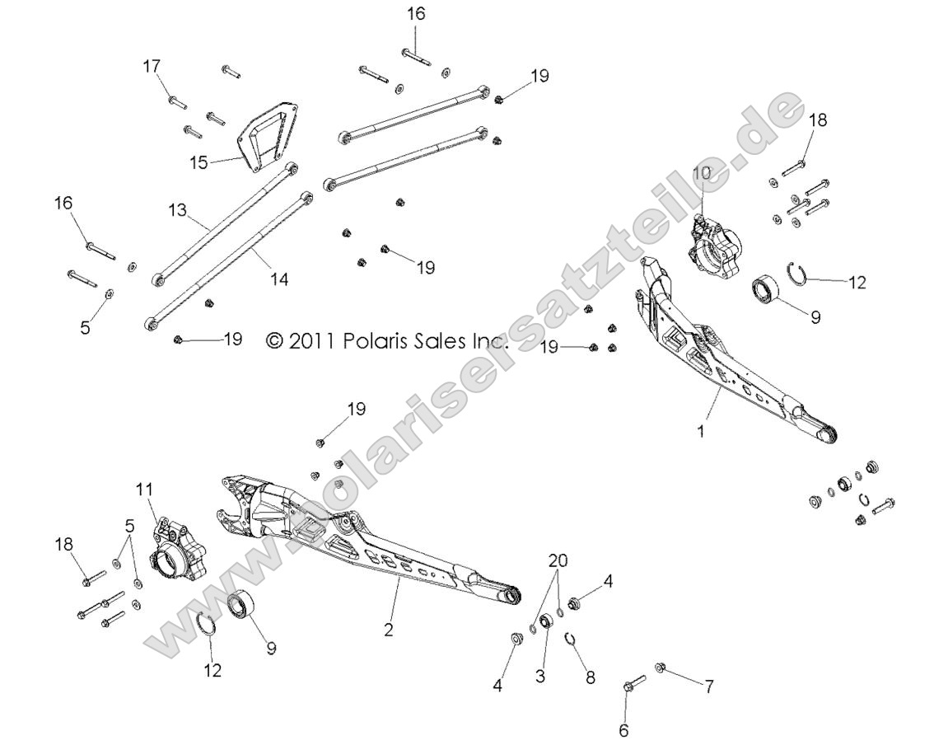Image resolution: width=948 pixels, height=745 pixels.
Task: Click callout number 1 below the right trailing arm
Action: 701,430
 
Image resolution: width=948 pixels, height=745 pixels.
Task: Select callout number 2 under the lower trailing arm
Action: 388,630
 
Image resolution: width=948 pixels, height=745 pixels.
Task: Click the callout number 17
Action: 152,66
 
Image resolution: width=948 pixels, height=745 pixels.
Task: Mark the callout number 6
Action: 623,729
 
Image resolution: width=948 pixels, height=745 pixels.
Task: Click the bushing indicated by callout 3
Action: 546,621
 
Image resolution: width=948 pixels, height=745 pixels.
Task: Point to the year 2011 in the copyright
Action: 311,341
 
